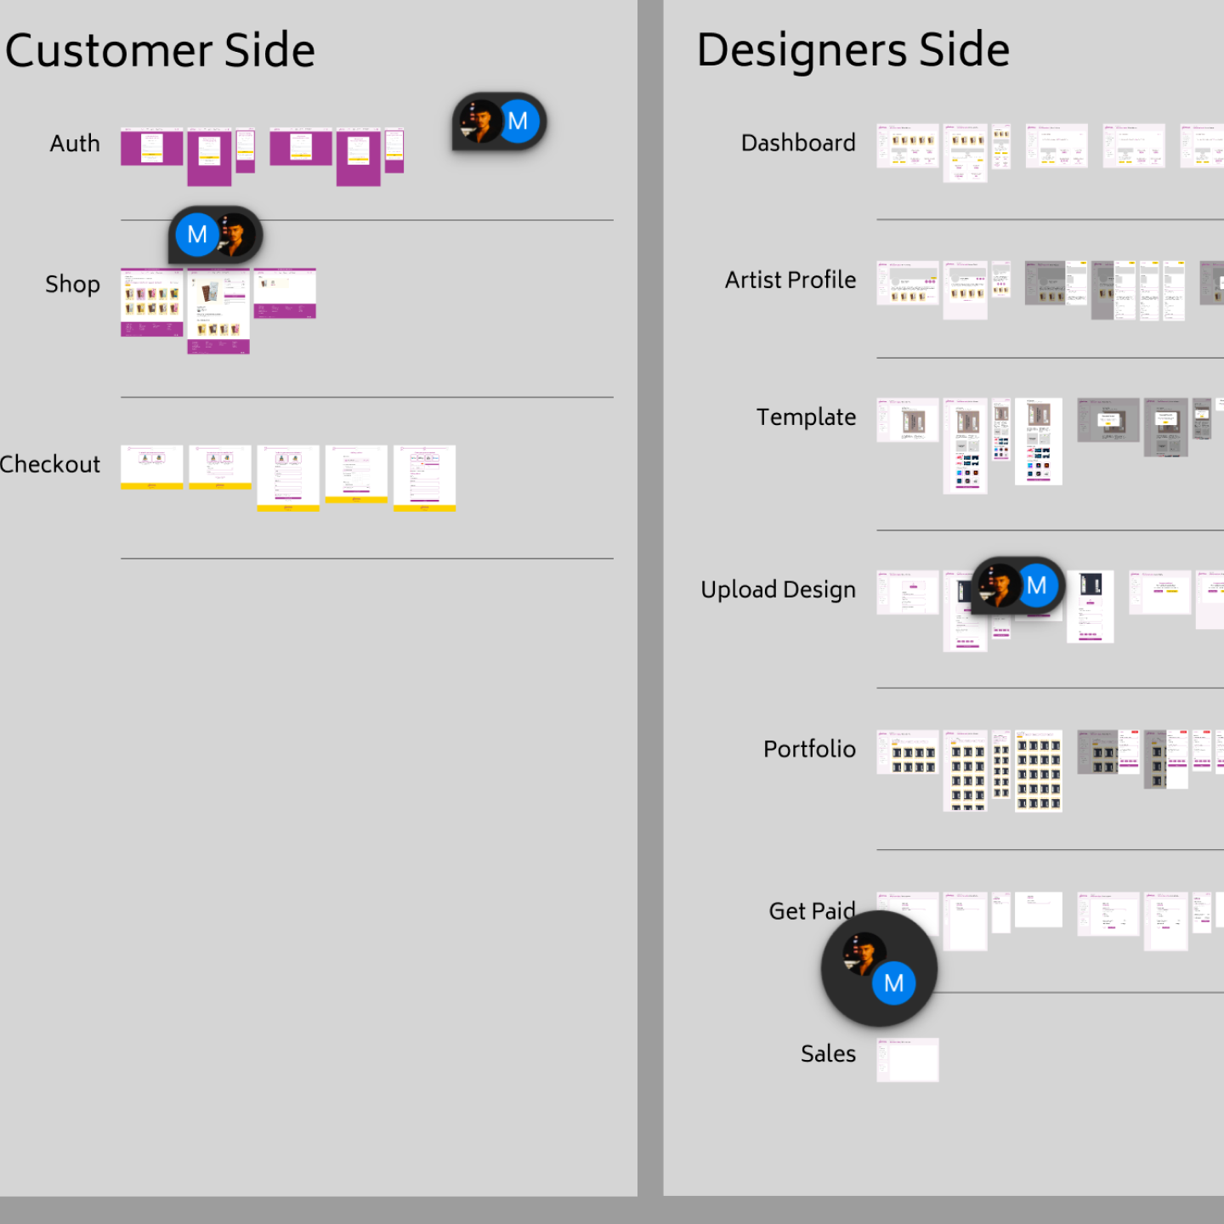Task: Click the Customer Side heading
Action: (160, 50)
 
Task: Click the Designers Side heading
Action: (853, 49)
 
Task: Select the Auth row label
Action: (75, 144)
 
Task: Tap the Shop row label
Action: (72, 284)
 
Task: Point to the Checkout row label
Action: (50, 464)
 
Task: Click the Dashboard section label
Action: (797, 143)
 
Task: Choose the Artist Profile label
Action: (790, 280)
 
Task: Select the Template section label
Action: (806, 417)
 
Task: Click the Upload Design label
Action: (778, 590)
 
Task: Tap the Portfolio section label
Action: (809, 749)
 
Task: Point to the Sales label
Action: (828, 1054)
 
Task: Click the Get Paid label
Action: (811, 911)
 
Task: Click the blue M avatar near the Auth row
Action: (518, 122)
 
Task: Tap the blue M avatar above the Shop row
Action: (197, 235)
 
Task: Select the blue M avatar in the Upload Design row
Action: (1036, 586)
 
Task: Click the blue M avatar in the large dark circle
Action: (893, 983)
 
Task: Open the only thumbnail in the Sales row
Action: (908, 1059)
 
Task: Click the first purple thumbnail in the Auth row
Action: (151, 148)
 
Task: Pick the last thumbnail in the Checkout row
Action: (424, 478)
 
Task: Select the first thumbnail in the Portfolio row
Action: (908, 751)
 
